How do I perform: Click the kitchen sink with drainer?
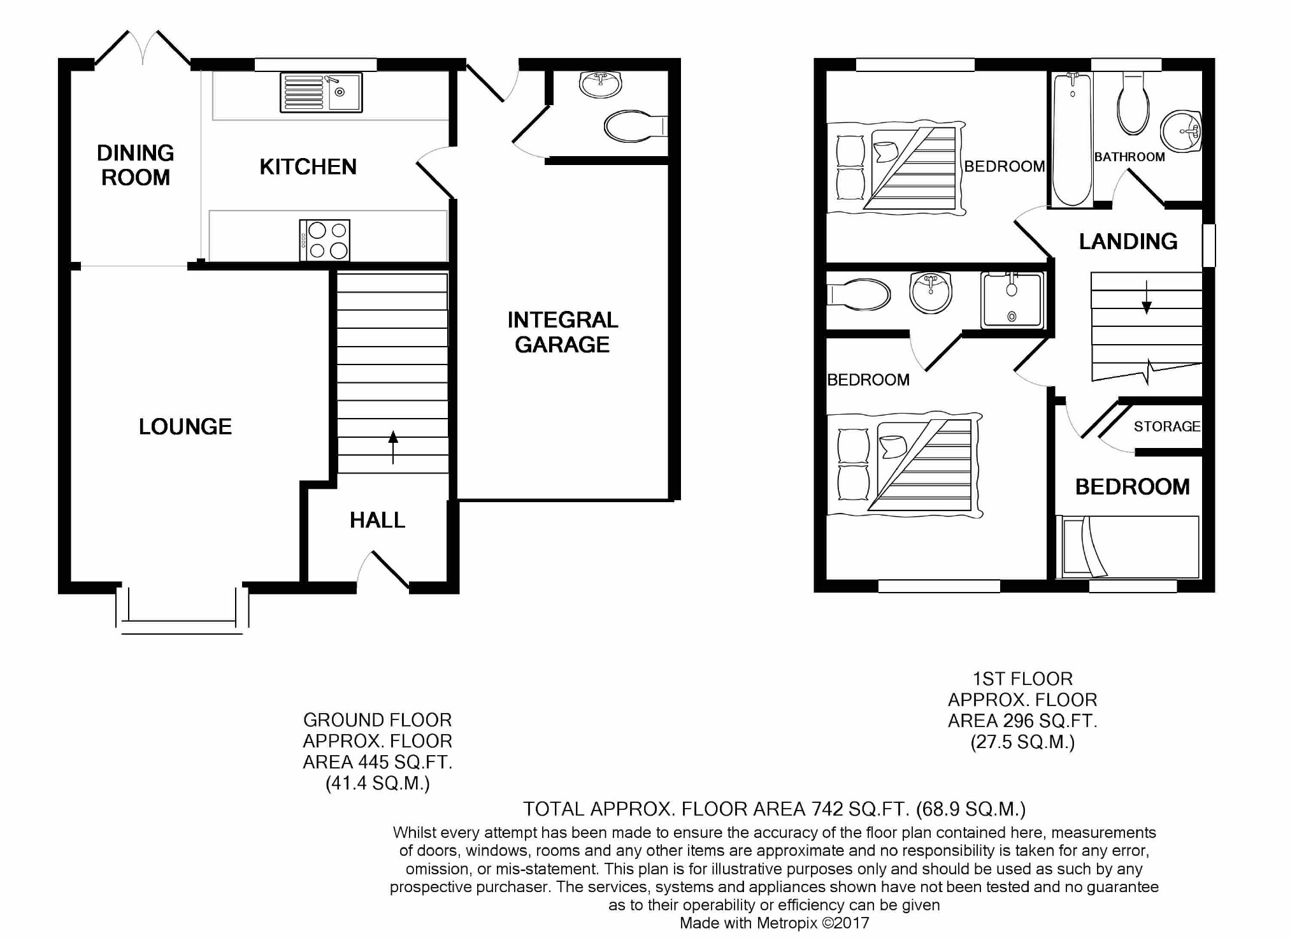pos(321,92)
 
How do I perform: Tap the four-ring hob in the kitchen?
pos(325,240)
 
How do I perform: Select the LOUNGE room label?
pos(185,427)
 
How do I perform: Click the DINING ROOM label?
pos(136,165)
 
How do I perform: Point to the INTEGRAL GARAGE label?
pos(563,332)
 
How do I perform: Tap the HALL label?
pos(377,520)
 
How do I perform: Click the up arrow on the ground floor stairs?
pos(393,447)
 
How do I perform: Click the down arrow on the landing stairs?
pos(1147,297)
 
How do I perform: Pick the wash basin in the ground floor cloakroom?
pos(600,84)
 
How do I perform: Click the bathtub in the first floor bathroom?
pos(1072,139)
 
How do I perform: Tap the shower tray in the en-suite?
pos(1012,299)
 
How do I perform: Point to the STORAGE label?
pos(1167,426)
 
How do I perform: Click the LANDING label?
pos(1128,242)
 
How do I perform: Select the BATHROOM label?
pos(1129,157)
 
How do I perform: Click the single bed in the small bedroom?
pos(1128,547)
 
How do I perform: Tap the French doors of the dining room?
pos(143,48)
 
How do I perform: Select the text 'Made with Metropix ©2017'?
pos(774,923)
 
